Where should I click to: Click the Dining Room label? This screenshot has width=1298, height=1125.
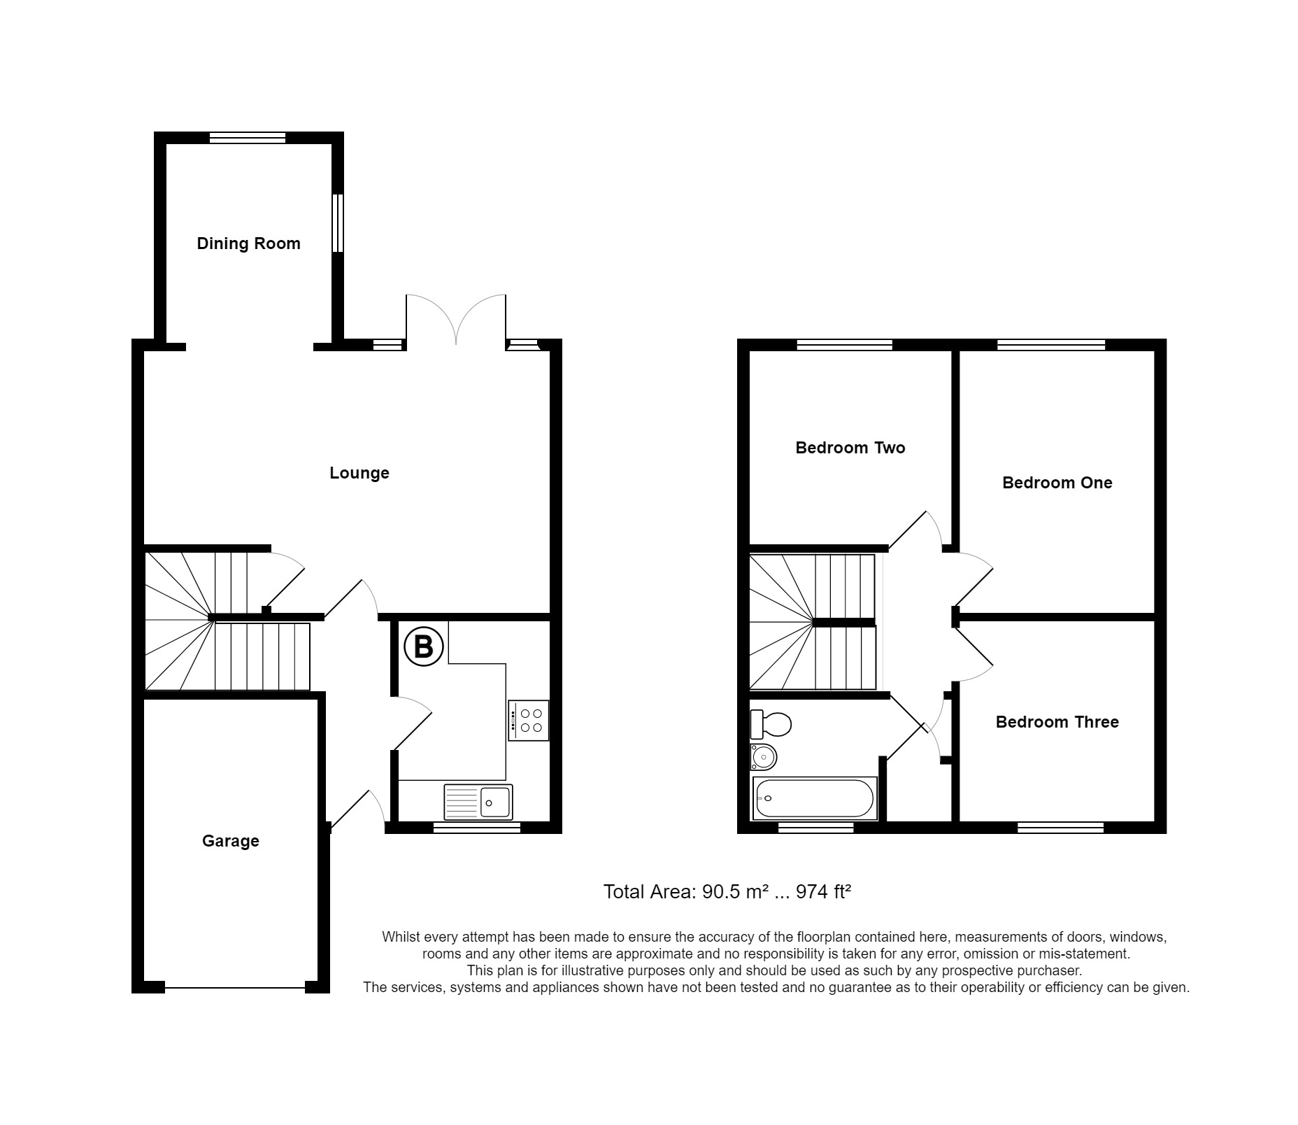(x=248, y=243)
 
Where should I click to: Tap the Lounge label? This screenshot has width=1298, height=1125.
(x=359, y=473)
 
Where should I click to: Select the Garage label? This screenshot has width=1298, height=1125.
(x=230, y=841)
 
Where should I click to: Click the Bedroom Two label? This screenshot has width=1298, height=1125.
(x=850, y=448)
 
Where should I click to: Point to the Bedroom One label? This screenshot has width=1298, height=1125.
(x=1057, y=483)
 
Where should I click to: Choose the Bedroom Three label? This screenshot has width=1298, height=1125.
(x=1057, y=722)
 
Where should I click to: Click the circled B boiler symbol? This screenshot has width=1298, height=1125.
(x=424, y=646)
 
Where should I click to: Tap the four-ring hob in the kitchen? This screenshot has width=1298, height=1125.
(x=529, y=721)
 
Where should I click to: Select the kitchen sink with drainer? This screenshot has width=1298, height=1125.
(x=478, y=802)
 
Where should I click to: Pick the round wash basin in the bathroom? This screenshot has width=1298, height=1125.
(x=764, y=756)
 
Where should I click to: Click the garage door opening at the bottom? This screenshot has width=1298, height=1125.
(x=235, y=987)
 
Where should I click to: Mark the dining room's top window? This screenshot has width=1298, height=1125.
(x=248, y=138)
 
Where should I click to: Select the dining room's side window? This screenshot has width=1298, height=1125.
(x=337, y=222)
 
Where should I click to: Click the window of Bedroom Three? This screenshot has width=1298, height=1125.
(x=1060, y=828)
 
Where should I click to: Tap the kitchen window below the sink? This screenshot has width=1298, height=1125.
(x=477, y=828)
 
